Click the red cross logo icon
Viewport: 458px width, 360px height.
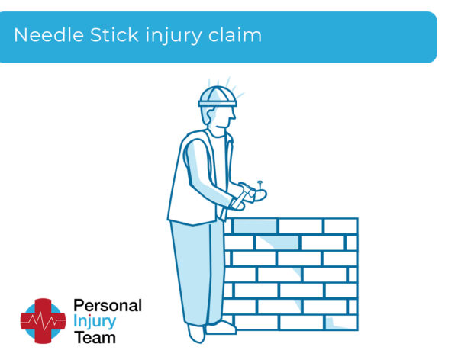coord(43,320)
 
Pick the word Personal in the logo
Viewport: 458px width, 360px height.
coord(108,306)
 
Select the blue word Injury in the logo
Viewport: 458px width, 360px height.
coord(95,321)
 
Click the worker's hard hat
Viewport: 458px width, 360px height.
coord(217,96)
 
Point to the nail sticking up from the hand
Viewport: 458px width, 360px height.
coord(260,185)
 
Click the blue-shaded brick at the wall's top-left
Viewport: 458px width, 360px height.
coord(254,226)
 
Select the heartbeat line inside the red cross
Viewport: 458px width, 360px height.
coord(43,321)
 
